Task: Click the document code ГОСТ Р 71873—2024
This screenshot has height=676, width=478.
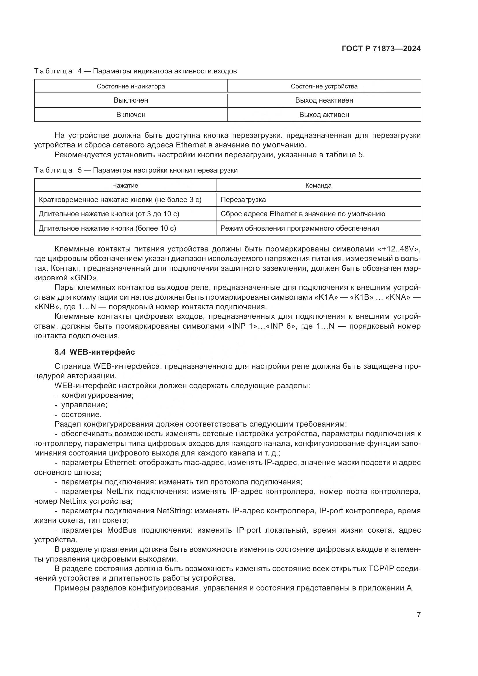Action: [x=381, y=49]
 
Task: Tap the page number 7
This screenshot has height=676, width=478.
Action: [x=418, y=615]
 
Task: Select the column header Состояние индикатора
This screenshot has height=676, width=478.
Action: [x=131, y=86]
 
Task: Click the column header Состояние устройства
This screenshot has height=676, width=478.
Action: [x=324, y=86]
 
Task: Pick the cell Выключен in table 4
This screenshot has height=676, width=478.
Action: [x=131, y=100]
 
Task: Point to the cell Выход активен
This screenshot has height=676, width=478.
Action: [x=324, y=114]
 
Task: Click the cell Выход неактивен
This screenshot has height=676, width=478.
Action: [x=324, y=100]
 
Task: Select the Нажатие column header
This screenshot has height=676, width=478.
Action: [x=125, y=186]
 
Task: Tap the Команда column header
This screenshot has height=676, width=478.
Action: [x=318, y=186]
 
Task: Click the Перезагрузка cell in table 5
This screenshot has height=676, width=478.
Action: [x=243, y=200]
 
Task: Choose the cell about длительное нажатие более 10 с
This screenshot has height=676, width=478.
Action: [x=108, y=228]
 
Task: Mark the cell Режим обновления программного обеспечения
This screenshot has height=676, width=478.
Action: [x=300, y=228]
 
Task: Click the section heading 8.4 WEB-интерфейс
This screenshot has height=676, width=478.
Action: [x=95, y=352]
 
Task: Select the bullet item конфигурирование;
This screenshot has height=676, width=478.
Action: [x=97, y=395]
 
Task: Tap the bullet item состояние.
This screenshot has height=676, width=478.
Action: [x=81, y=414]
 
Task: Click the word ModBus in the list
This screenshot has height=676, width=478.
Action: [x=122, y=530]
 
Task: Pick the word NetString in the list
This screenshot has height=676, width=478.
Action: [x=173, y=511]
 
